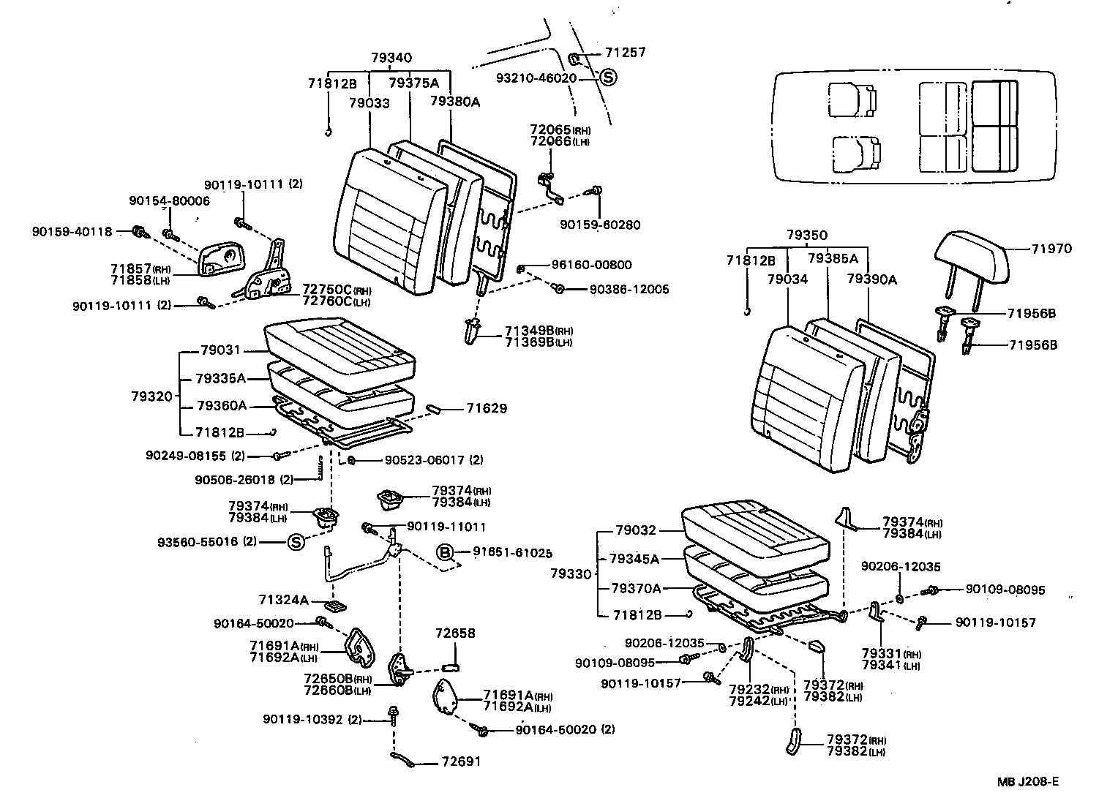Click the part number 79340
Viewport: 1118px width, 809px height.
[391, 58]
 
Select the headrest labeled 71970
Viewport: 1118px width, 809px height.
[970, 256]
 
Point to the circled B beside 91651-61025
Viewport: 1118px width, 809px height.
[445, 552]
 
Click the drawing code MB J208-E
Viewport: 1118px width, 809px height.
[1028, 782]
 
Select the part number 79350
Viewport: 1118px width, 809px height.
[807, 236]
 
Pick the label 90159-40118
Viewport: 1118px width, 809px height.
[72, 232]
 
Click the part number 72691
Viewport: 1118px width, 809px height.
[461, 761]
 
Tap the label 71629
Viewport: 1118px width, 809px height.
[487, 409]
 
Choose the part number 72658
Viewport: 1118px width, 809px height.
[455, 633]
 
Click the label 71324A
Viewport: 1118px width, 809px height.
[284, 600]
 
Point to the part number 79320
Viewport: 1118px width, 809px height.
[151, 396]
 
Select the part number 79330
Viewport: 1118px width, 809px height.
[571, 574]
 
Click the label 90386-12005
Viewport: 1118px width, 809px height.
[629, 290]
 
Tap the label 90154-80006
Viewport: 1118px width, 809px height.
[169, 200]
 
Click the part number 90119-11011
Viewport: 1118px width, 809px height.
[446, 527]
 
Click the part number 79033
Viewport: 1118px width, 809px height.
[369, 103]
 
